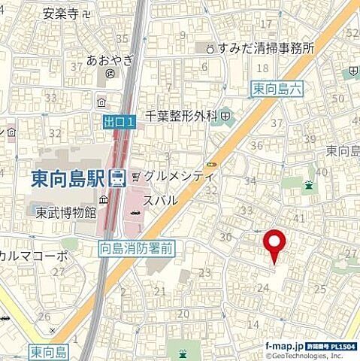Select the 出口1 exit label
point(119,120)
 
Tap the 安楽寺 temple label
point(60,13)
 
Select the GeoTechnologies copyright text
point(313,353)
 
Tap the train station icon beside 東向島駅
point(117,179)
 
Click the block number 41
point(298,218)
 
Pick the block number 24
point(263,287)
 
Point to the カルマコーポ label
point(34,256)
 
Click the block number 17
point(265,25)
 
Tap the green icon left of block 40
point(309,185)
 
